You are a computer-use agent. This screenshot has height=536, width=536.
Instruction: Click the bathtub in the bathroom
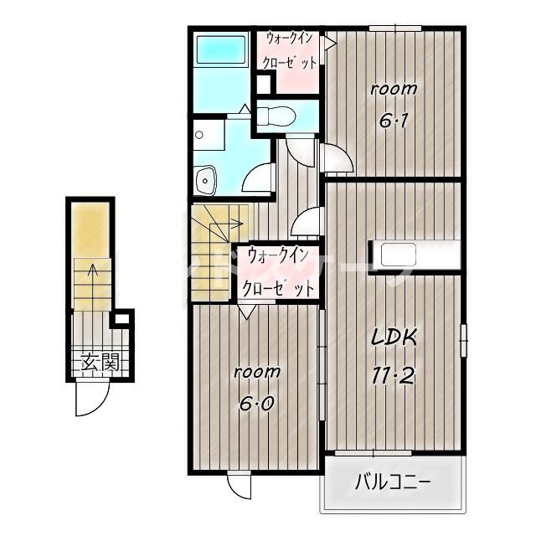(x=221, y=50)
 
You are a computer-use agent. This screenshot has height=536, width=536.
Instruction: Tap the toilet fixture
(x=276, y=116)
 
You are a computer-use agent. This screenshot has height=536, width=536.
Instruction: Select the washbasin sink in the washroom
(x=204, y=180)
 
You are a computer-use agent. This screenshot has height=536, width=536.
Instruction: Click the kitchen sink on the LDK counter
(x=399, y=255)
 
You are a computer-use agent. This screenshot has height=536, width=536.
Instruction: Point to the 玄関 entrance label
(x=100, y=363)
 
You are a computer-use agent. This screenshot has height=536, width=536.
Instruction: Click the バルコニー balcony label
(x=392, y=483)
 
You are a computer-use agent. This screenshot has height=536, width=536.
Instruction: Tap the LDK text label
(x=394, y=338)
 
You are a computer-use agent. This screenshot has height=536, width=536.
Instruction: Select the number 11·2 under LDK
(x=394, y=374)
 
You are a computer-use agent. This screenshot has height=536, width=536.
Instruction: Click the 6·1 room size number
(x=394, y=120)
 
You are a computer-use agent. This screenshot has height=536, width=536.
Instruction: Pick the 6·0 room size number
(x=257, y=405)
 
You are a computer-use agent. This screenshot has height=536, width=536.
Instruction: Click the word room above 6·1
(x=394, y=90)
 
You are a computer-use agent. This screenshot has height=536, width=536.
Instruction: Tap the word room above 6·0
(x=257, y=372)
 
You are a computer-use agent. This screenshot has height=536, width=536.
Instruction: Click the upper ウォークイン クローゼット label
(x=289, y=50)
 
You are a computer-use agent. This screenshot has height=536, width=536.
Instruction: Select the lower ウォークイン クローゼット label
(x=277, y=272)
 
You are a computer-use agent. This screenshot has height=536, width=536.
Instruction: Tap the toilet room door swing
(x=301, y=152)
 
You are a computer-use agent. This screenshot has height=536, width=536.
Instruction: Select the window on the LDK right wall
(x=463, y=341)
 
